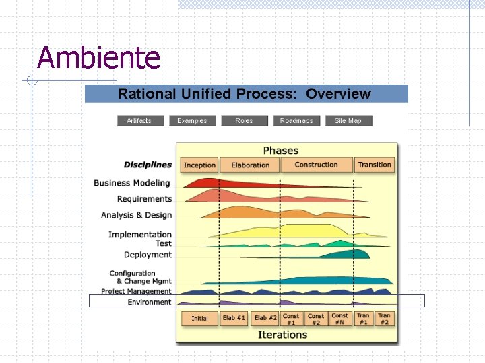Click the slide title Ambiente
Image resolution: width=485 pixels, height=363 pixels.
tap(99, 58)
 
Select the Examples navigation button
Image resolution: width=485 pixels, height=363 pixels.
tap(192, 121)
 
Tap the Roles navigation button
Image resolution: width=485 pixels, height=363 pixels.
tap(244, 121)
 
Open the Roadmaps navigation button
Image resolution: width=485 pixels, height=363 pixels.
tap(296, 121)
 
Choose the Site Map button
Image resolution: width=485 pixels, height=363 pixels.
tap(348, 121)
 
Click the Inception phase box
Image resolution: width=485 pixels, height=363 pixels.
tap(199, 165)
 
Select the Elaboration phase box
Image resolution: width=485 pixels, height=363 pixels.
tap(250, 165)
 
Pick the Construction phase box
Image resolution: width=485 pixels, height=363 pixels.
tap(316, 165)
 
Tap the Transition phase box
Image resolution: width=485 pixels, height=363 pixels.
tap(375, 165)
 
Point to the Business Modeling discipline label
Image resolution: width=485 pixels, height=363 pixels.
tap(132, 183)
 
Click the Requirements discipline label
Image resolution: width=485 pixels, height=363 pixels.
tap(144, 199)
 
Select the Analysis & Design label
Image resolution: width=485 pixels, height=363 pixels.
tap(136, 215)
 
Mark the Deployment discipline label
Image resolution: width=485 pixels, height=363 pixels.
tap(148, 255)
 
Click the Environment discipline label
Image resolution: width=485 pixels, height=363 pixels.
tap(150, 302)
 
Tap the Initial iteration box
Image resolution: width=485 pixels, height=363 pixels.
tap(199, 318)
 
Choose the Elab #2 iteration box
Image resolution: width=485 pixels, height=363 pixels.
tap(265, 318)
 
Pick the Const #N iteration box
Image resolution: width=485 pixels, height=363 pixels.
tap(340, 319)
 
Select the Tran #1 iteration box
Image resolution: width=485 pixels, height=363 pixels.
tap(363, 319)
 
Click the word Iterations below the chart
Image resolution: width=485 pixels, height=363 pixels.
tap(282, 335)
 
